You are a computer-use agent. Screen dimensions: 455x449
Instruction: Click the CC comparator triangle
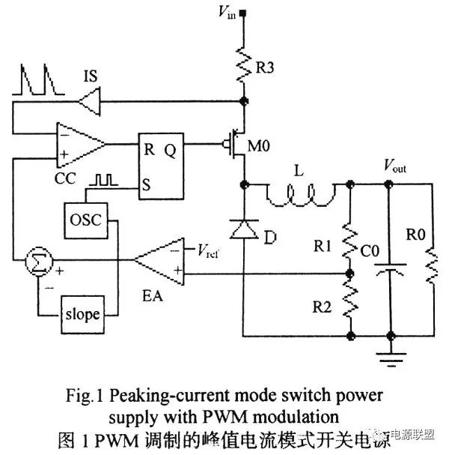(79, 142)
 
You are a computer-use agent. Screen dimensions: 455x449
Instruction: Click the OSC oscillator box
(85, 222)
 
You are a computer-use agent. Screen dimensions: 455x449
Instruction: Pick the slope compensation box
(82, 313)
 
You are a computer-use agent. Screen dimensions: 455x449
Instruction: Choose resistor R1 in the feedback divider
(349, 240)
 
